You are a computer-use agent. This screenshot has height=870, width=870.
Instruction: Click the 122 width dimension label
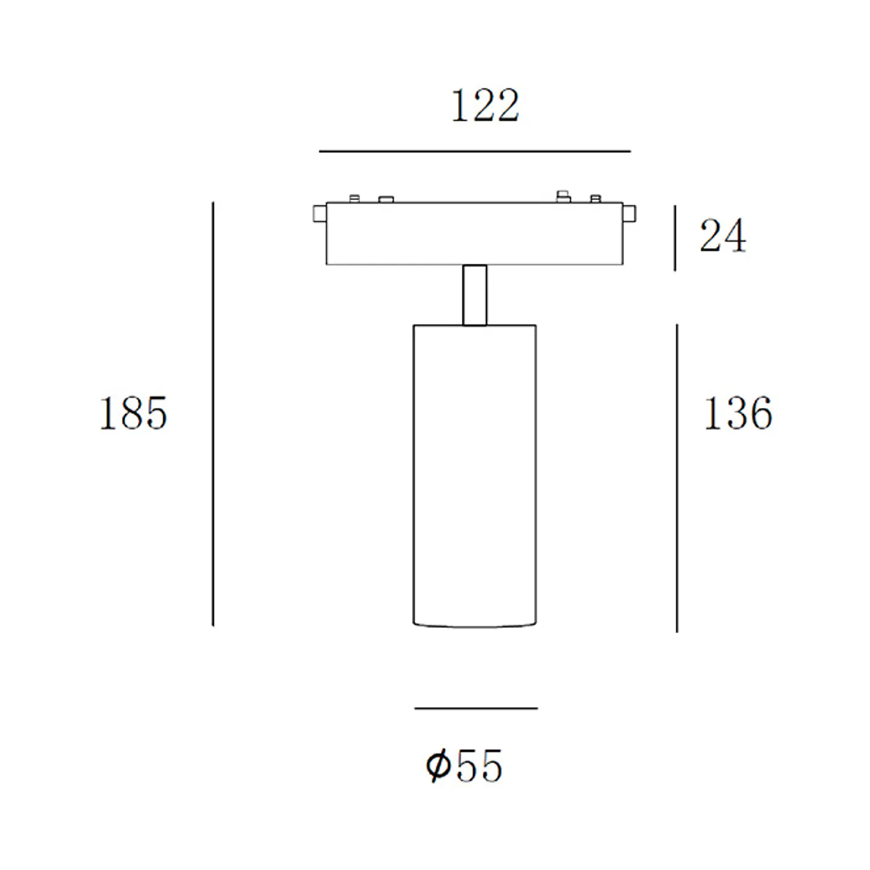pyautogui.click(x=485, y=106)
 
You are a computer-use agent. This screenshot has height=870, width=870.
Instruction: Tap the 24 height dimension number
pyautogui.click(x=723, y=236)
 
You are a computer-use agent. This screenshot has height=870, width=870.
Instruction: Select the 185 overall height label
pyautogui.click(x=133, y=413)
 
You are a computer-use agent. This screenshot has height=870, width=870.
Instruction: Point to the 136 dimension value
pyautogui.click(x=738, y=413)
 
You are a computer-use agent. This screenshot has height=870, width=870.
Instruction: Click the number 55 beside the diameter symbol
pyautogui.click(x=479, y=765)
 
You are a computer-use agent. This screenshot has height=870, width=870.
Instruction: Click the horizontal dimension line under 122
pyautogui.click(x=474, y=151)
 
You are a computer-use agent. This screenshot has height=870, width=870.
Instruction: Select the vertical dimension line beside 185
pyautogui.click(x=213, y=414)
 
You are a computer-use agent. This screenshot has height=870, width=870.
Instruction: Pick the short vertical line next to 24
pyautogui.click(x=674, y=238)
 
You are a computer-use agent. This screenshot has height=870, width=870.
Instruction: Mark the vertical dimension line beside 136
pyautogui.click(x=676, y=478)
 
